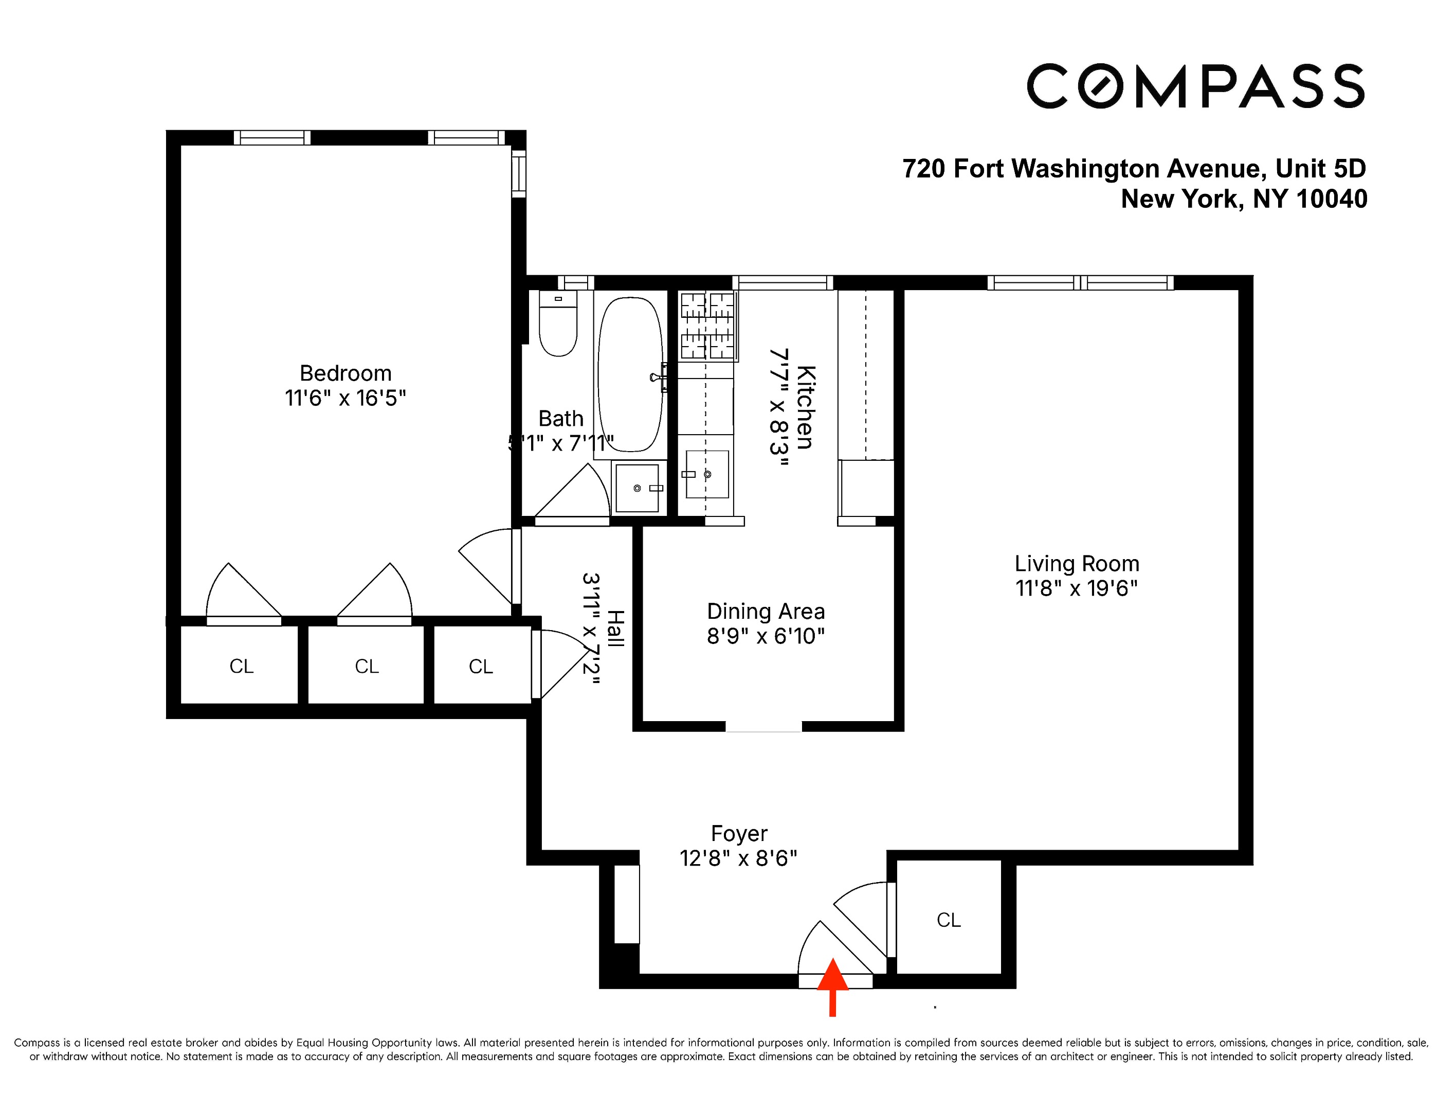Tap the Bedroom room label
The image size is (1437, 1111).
(345, 373)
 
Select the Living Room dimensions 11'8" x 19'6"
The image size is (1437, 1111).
(1077, 588)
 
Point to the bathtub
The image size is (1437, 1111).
(630, 374)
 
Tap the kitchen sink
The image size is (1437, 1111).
(706, 474)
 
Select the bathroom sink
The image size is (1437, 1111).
(637, 488)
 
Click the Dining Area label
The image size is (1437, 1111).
(765, 612)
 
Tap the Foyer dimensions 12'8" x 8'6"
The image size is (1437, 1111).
(738, 858)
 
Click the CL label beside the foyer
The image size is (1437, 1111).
(948, 920)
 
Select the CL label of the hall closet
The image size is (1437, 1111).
(480, 667)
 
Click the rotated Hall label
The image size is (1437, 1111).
(614, 628)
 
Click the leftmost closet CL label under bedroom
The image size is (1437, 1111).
(242, 666)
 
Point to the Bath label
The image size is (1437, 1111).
(560, 419)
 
